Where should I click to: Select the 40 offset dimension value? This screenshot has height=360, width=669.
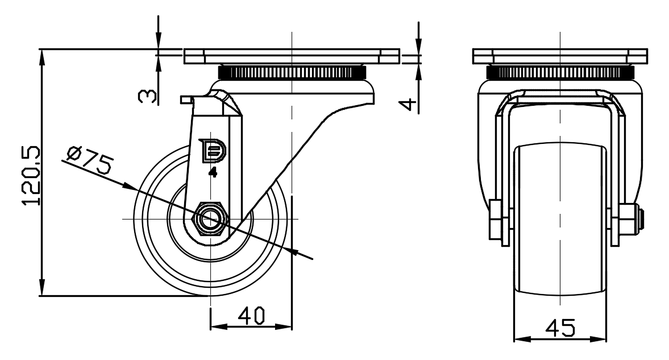(x=251, y=316)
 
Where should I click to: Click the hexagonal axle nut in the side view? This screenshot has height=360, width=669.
(x=210, y=218)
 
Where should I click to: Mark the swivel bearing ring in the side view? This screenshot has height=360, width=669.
(x=291, y=73)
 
